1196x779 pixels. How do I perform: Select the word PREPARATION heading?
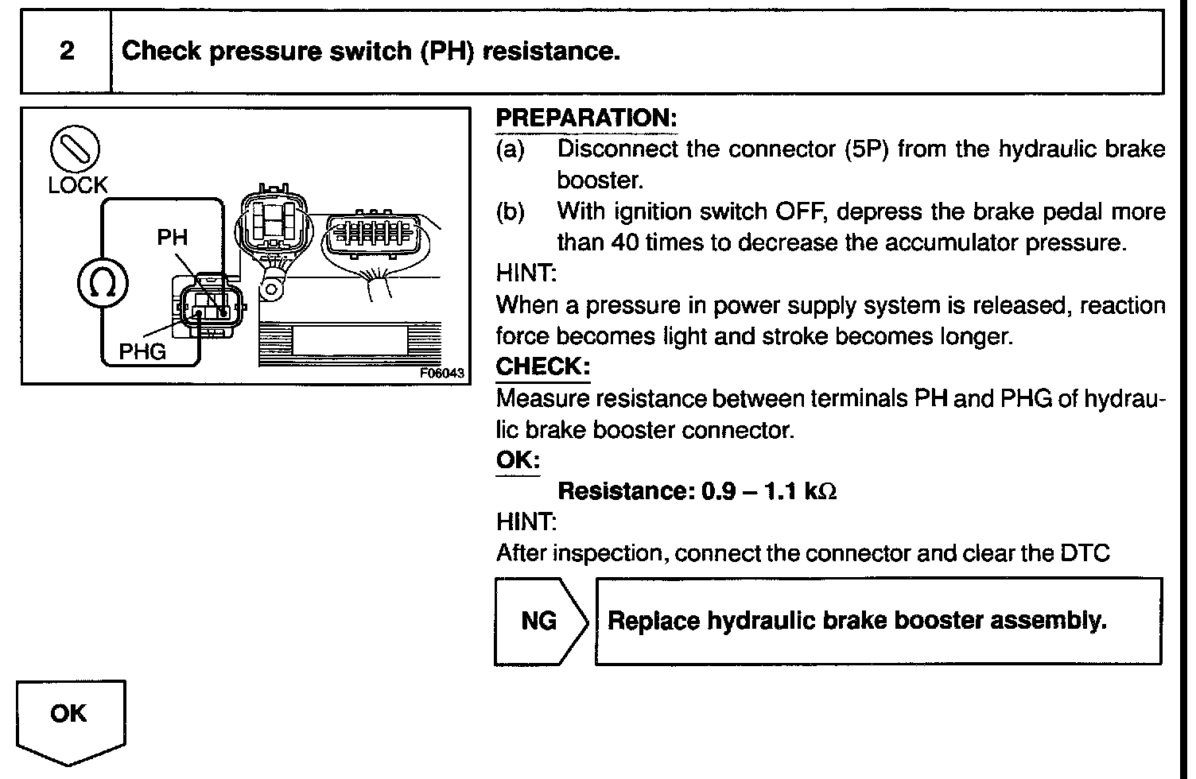coord(585,118)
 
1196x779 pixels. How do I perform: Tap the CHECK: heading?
coord(543,366)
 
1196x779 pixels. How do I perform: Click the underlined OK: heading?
coord(518,460)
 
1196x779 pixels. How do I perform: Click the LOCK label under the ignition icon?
coord(77,185)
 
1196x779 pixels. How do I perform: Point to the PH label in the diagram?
coord(173,237)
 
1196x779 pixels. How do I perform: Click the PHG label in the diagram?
coord(142,351)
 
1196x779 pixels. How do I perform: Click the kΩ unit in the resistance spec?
coord(820,492)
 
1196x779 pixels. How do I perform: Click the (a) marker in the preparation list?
coord(510,149)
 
